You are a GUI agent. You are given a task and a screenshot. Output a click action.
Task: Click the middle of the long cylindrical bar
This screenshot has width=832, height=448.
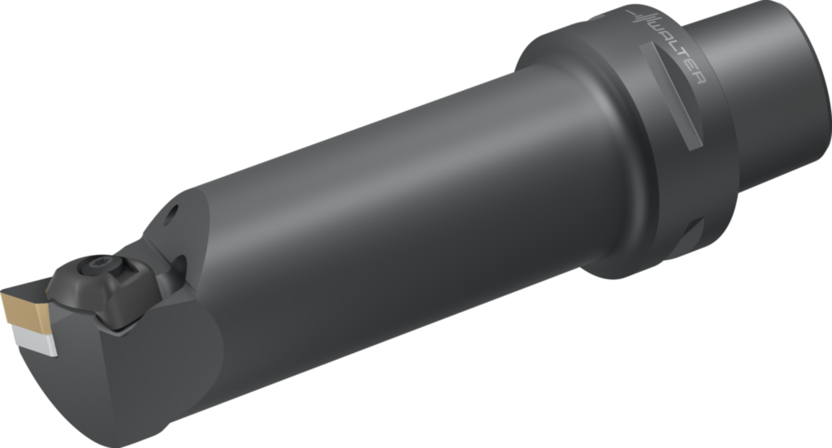coord(390,211)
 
